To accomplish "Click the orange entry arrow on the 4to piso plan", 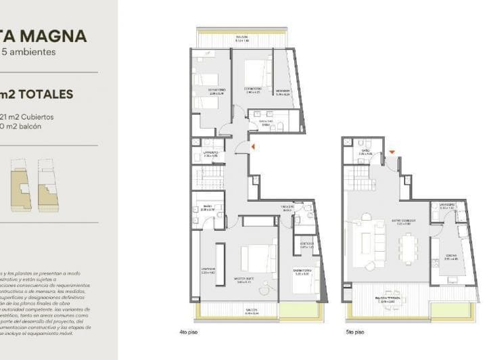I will point(252,145).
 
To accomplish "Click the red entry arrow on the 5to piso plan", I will point(392,143).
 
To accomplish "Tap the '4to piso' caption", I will point(189,332).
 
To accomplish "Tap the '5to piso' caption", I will point(354,332).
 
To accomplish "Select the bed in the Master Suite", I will point(258,259).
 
